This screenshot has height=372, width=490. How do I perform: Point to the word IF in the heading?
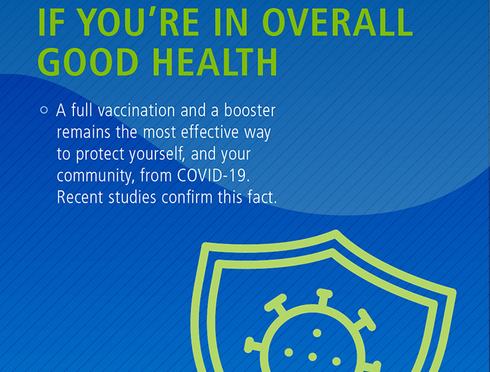50,22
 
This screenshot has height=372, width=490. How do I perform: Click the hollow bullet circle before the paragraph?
44,110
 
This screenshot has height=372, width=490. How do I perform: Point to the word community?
91,176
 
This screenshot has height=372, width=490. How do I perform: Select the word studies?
132,197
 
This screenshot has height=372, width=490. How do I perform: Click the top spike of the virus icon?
323,293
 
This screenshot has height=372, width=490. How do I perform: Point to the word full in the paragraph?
80,110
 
